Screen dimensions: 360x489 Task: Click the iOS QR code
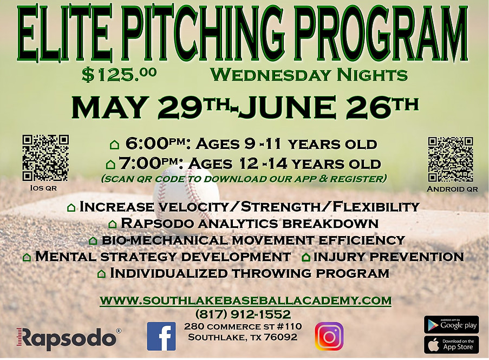point(45,158)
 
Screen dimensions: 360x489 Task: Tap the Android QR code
point(451,159)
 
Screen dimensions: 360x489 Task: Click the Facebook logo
point(161,336)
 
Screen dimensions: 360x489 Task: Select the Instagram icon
point(329,336)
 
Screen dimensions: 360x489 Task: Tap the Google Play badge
point(451,325)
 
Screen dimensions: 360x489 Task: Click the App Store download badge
point(451,344)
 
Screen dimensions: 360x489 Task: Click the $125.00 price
point(119,75)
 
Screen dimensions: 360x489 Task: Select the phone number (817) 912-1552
point(245,314)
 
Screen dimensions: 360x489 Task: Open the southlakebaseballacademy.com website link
point(245,300)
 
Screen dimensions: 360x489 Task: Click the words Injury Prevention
point(388,257)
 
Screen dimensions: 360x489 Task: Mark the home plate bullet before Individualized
point(101,274)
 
